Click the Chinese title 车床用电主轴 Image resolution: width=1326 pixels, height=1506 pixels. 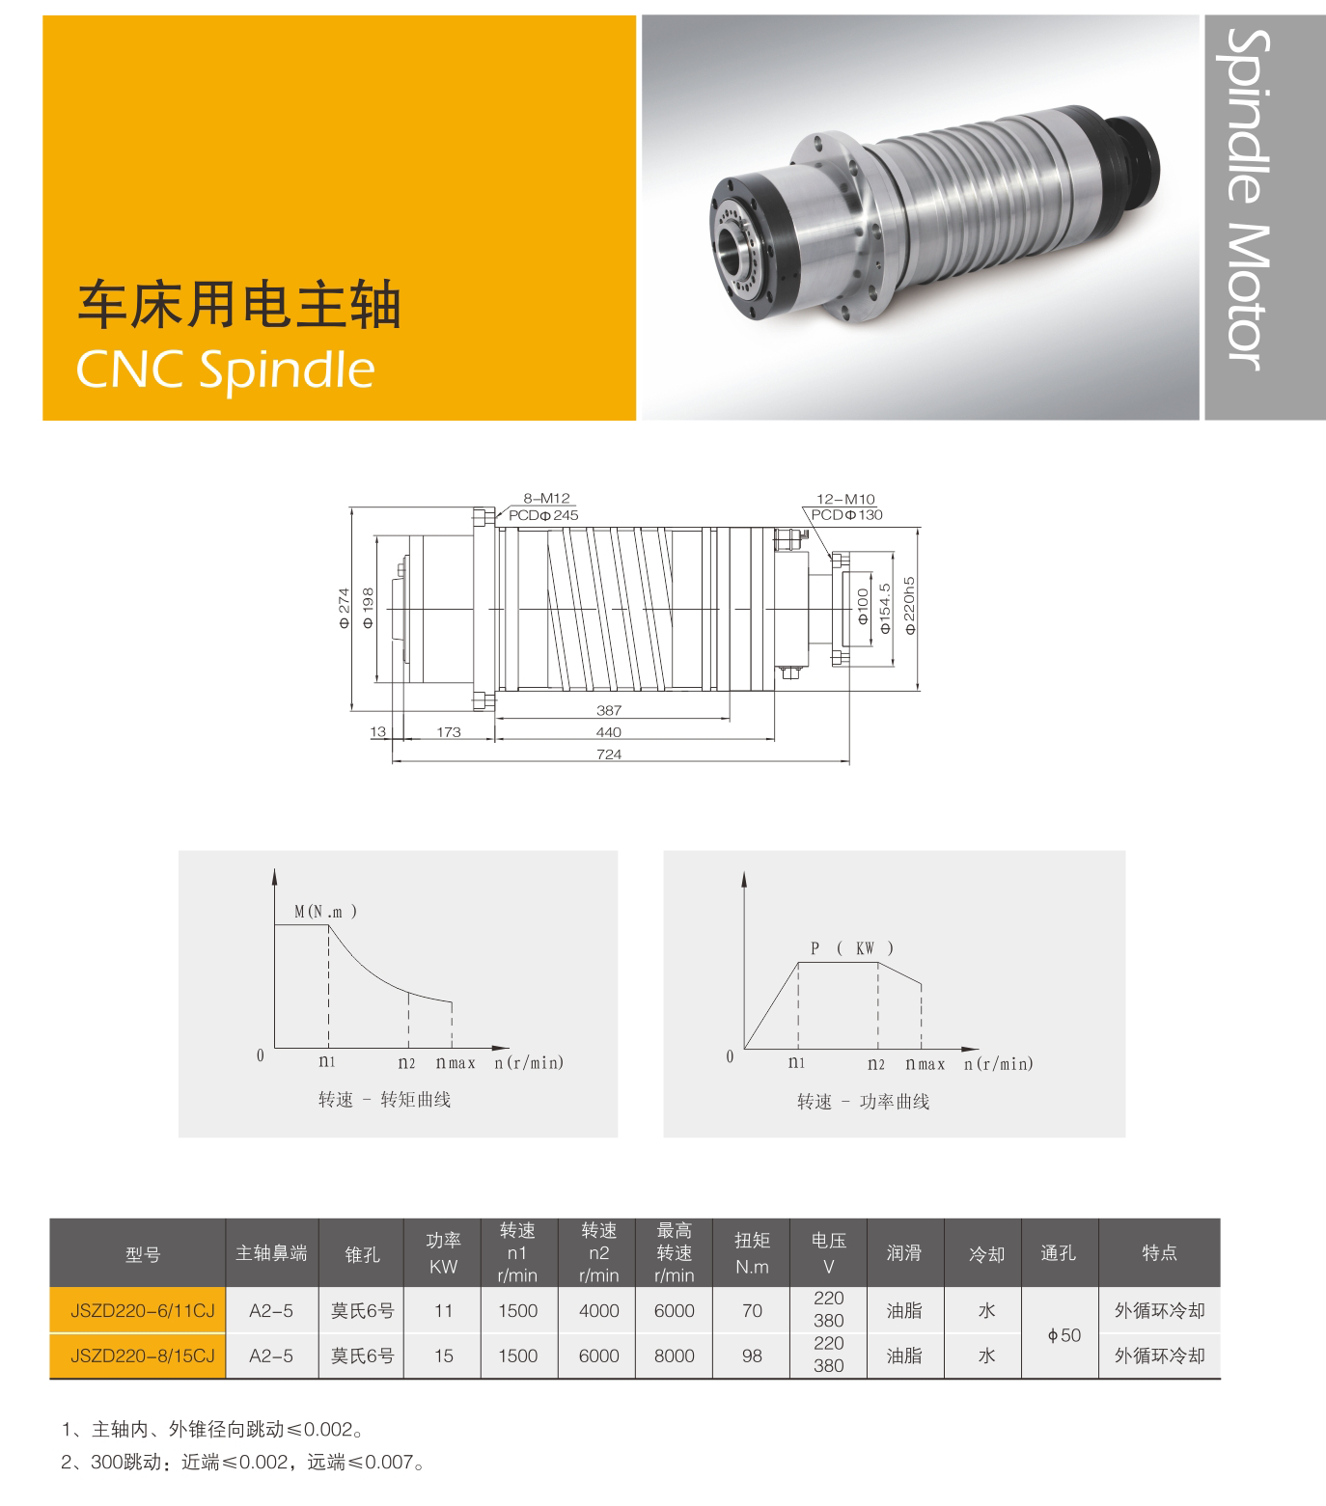(x=238, y=306)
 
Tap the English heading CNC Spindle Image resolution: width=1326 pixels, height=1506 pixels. (x=225, y=368)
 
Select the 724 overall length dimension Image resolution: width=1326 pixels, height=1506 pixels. (x=609, y=754)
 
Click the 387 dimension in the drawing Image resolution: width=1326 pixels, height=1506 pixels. (x=609, y=710)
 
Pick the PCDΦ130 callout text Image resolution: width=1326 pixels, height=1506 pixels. (x=846, y=514)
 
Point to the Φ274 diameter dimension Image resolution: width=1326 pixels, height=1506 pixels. (x=345, y=609)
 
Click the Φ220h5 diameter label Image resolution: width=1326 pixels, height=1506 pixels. (x=909, y=605)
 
